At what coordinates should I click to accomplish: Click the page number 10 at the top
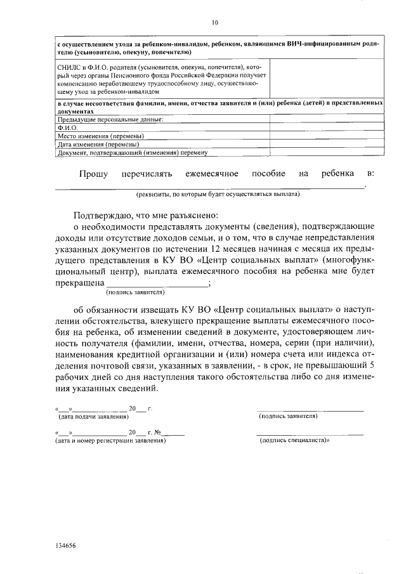click(215, 23)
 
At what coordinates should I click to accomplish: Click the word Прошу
click(93, 174)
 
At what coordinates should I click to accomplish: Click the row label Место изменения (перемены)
click(101, 136)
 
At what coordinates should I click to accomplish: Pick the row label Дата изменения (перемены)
click(98, 144)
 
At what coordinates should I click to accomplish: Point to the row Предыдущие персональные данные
click(110, 119)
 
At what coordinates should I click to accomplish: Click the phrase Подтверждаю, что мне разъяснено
click(146, 214)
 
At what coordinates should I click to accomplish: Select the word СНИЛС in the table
click(68, 66)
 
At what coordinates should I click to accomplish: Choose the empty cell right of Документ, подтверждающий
click(327, 152)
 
